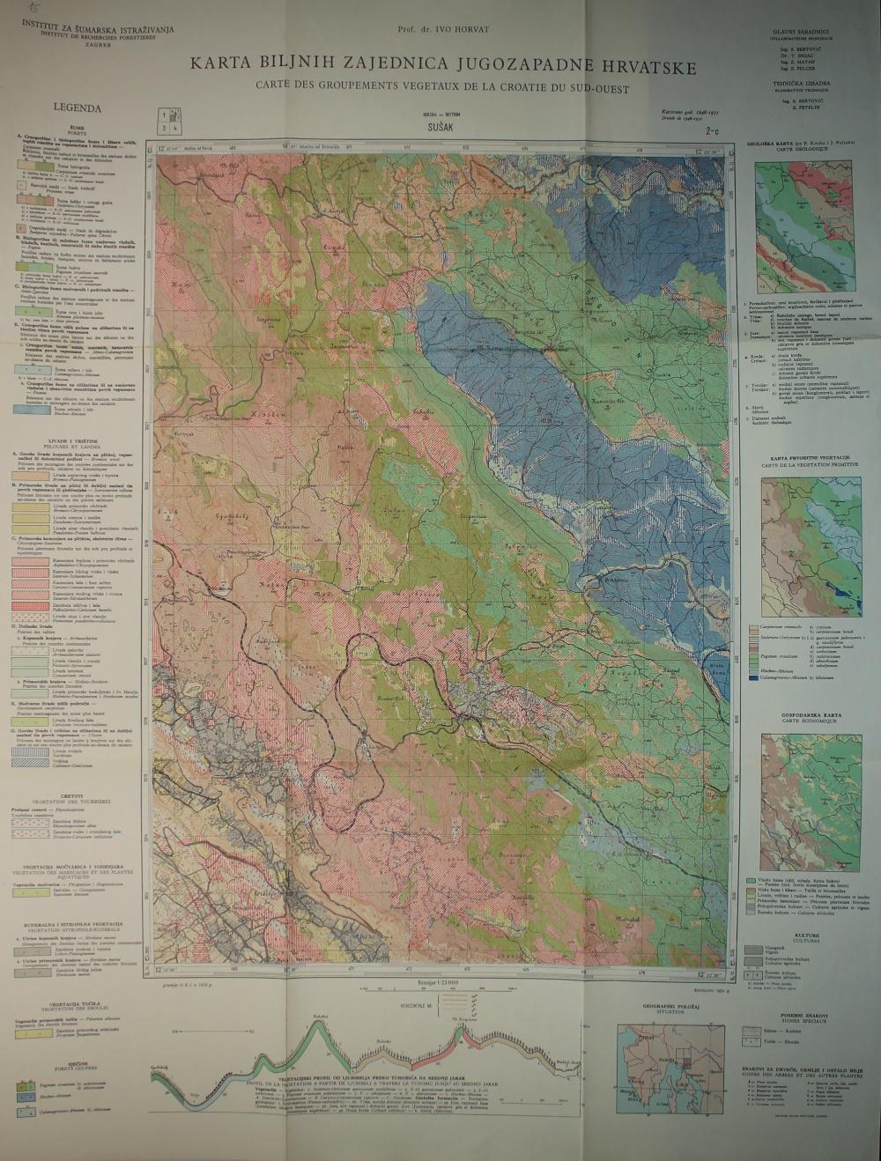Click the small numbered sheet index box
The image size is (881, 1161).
[169, 121]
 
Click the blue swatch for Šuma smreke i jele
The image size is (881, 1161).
[33, 410]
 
